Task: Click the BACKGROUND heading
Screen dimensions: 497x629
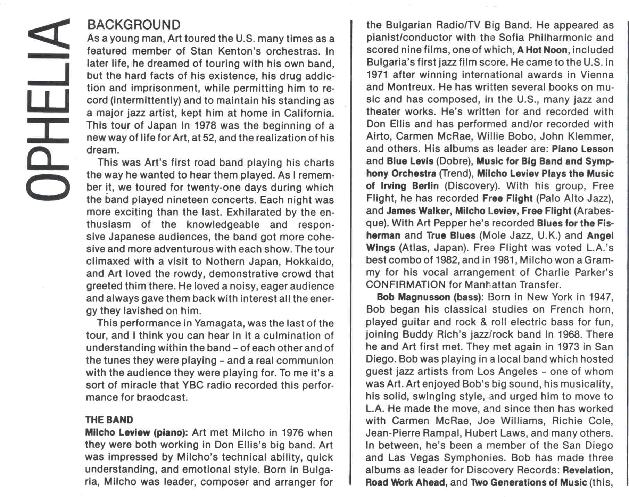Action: click(134, 25)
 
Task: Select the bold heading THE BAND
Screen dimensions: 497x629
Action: click(109, 420)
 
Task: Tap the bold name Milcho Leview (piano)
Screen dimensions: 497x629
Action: click(136, 433)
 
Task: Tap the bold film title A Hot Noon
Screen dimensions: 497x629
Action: click(542, 50)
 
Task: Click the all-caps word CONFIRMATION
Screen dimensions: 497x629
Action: click(405, 285)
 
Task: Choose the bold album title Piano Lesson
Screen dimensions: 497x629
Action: click(582, 149)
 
